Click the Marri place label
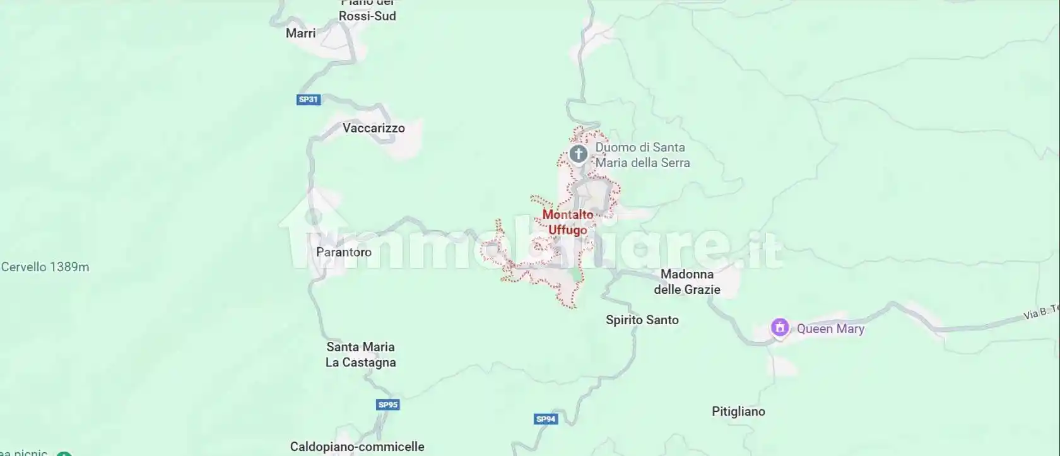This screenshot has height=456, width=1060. coord(300,33)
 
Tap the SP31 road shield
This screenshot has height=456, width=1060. coord(309,100)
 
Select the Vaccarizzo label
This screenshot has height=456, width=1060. coord(374,128)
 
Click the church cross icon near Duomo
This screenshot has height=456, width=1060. coord(578,154)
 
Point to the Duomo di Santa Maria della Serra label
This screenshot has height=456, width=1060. coord(642,155)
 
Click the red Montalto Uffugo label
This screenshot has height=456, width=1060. coord(568,222)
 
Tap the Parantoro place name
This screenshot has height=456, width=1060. coord(344,252)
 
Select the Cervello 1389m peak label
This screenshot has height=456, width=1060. coord(45,267)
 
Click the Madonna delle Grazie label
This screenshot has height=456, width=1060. coord(687,282)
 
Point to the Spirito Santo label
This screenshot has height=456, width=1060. coord(642,320)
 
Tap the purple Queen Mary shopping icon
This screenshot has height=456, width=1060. coord(780,327)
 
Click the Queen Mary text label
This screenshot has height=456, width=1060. coord(830,329)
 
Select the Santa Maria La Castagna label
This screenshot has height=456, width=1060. coord(361,354)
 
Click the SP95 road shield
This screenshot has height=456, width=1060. coord(387,405)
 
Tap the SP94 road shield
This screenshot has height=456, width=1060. coord(546,419)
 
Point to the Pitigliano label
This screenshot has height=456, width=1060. coord(738,411)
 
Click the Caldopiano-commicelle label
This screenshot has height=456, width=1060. coord(357,447)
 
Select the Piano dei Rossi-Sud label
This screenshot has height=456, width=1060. coord(367,11)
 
